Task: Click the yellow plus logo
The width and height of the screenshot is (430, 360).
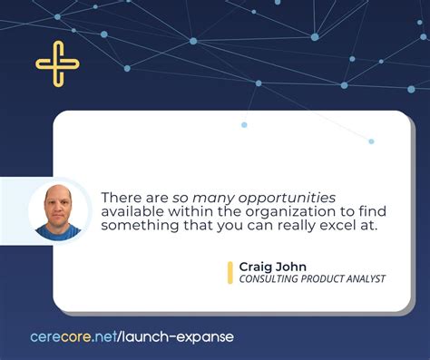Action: coord(57,63)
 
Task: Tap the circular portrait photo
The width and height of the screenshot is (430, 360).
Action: coord(59,211)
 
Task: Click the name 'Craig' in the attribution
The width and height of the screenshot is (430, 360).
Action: coord(256,266)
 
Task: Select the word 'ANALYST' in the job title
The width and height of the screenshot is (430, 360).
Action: coord(363,279)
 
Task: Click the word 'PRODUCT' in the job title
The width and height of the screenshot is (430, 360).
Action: coord(318,279)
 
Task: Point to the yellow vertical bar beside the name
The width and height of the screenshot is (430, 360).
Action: coord(230,272)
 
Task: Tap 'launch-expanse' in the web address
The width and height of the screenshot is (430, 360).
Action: coord(185,337)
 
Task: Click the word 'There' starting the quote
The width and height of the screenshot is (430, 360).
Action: coord(119,197)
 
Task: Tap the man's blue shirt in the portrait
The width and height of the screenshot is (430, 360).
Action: coord(59,230)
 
